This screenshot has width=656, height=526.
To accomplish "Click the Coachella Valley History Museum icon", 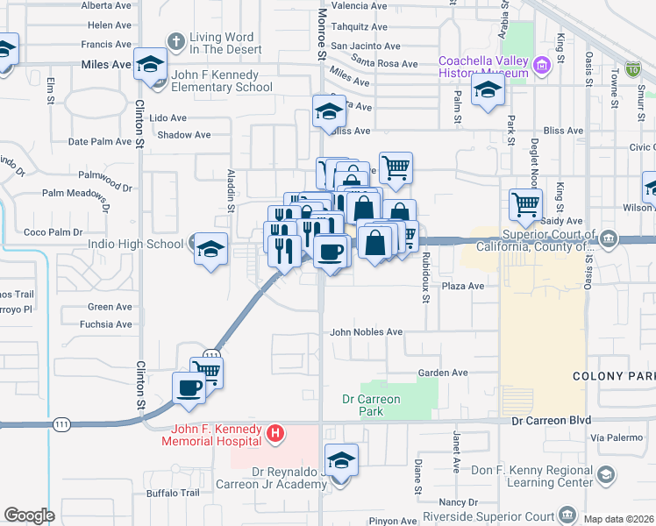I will [542, 64].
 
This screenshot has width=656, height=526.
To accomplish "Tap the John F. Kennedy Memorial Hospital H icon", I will [276, 432].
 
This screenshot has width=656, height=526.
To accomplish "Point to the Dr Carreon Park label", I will [371, 404].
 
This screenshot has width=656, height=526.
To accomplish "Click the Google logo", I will [29, 515].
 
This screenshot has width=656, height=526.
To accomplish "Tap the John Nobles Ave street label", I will [366, 332].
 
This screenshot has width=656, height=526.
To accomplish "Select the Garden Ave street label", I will [442, 373].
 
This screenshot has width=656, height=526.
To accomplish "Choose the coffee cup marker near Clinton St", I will [189, 387].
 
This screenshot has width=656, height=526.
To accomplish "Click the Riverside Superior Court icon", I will [568, 513].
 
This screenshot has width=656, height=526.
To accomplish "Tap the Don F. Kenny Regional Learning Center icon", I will [605, 475].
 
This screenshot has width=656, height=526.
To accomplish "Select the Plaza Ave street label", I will [463, 286].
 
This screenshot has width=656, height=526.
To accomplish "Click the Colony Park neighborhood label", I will [614, 376].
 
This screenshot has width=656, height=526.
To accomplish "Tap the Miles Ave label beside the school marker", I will [105, 65].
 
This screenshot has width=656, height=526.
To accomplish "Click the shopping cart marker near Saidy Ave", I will [525, 205].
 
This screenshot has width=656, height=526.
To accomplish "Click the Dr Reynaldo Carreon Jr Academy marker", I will [341, 461].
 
